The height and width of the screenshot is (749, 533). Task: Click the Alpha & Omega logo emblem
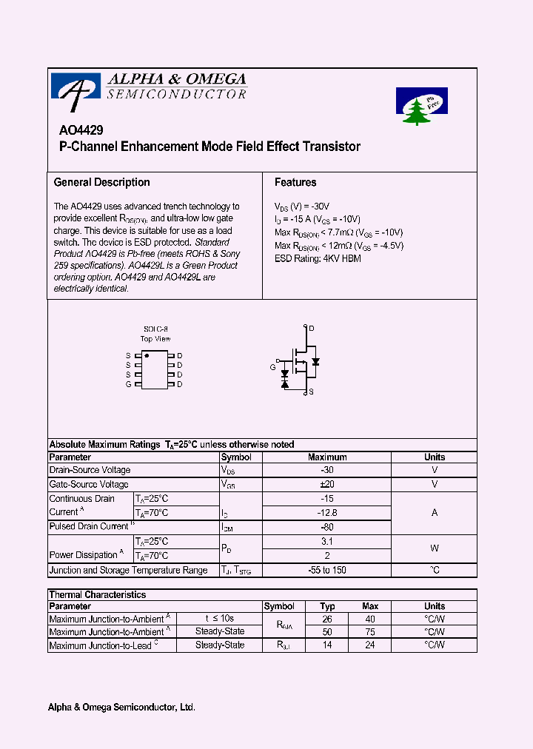pyautogui.click(x=75, y=86)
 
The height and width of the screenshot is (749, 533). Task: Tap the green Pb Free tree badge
pyautogui.click(x=421, y=106)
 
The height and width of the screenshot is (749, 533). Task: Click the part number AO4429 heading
pyautogui.click(x=76, y=129)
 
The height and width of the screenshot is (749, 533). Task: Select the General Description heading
pyautogui.click(x=101, y=182)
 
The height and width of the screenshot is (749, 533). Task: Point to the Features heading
pyautogui.click(x=295, y=182)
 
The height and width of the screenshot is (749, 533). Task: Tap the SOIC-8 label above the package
pyautogui.click(x=155, y=329)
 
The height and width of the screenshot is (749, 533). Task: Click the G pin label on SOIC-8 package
pyautogui.click(x=128, y=384)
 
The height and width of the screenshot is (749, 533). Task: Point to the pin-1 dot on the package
pyautogui.click(x=147, y=356)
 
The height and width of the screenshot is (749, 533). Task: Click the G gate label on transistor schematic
pyautogui.click(x=272, y=368)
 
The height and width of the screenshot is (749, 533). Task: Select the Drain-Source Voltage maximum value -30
pyautogui.click(x=326, y=470)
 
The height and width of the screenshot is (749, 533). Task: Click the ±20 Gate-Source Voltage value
pyautogui.click(x=326, y=484)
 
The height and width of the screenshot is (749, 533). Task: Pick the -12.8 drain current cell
pyautogui.click(x=326, y=512)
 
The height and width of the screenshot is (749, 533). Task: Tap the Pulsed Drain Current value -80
pyautogui.click(x=326, y=527)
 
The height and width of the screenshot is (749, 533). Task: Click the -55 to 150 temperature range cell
pyautogui.click(x=326, y=570)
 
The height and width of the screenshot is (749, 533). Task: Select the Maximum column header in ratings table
pyautogui.click(x=326, y=457)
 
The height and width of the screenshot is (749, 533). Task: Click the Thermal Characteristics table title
pyautogui.click(x=97, y=594)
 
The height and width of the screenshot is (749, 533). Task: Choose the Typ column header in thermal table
pyautogui.click(x=327, y=606)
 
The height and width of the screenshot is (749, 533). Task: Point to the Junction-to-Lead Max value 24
pyautogui.click(x=370, y=645)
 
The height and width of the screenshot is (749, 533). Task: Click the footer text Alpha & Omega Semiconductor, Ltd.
pyautogui.click(x=121, y=708)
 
